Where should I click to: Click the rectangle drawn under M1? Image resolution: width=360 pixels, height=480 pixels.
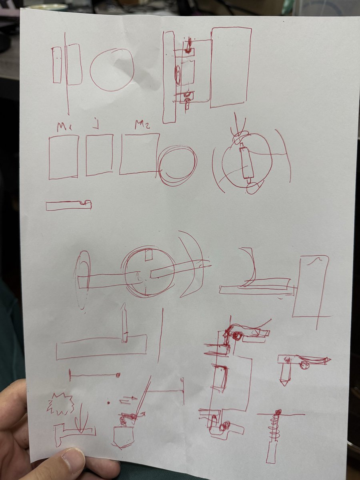tap(64, 157)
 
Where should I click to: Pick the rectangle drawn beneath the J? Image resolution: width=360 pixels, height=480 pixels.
tap(100, 155)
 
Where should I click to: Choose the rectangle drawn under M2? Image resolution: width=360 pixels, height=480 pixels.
tap(139, 154)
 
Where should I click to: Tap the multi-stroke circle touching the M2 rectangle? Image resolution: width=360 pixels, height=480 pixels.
tap(177, 164)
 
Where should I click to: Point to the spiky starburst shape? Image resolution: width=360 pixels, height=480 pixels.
tap(61, 403)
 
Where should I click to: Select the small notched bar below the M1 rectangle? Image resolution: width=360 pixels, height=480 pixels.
tap(68, 205)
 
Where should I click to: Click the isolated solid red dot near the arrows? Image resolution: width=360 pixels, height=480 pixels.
tap(109, 401)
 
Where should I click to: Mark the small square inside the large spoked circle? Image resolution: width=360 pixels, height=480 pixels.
tap(148, 255)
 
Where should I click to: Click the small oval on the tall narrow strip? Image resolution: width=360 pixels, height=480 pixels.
tap(177, 75)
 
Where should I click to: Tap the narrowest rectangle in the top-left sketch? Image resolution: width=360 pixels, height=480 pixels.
tap(56, 65)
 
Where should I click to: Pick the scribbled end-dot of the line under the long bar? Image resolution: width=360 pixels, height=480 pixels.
tap(118, 375)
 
